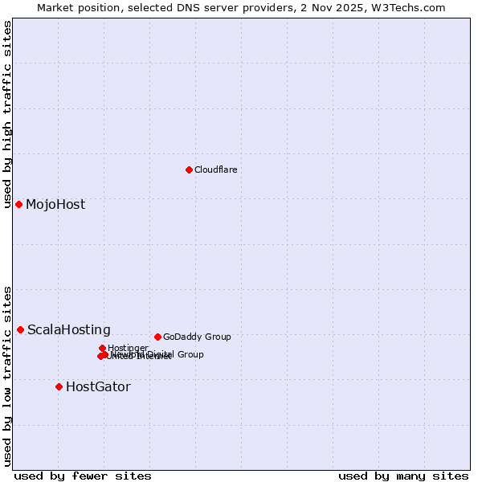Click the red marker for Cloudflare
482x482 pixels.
pyautogui.click(x=189, y=170)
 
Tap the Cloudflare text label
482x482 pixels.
pyautogui.click(x=215, y=170)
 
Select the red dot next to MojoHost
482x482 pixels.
pyautogui.click(x=18, y=204)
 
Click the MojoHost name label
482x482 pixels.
pyautogui.click(x=55, y=204)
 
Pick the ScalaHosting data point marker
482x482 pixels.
pyautogui.click(x=20, y=329)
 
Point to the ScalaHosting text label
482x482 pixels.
pyautogui.click(x=69, y=329)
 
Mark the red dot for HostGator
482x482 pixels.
pyautogui.click(x=59, y=386)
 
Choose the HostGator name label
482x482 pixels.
pyautogui.click(x=98, y=386)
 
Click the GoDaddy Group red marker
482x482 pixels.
pyautogui.click(x=157, y=337)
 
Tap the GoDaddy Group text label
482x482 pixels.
pyautogui.click(x=197, y=337)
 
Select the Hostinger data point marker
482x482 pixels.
pyautogui.click(x=103, y=348)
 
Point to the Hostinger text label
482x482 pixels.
pyautogui.click(x=128, y=348)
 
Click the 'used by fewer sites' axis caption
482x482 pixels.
pyautogui.click(x=83, y=476)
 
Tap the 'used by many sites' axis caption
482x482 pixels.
pyautogui.click(x=403, y=476)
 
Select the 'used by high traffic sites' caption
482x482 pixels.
pyautogui.click(x=8, y=115)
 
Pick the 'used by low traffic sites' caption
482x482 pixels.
pyautogui.click(x=8, y=376)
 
